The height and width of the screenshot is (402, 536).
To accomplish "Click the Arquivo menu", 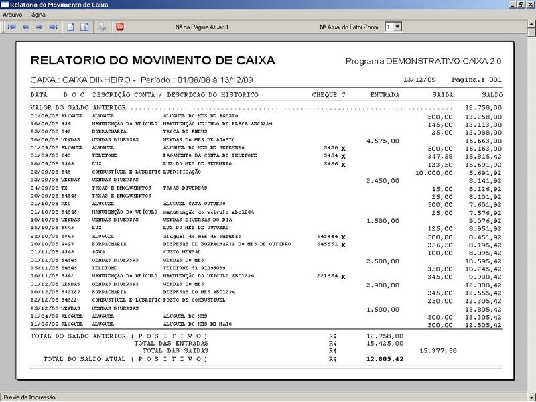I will click(13, 14).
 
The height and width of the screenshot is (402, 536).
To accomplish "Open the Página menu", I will click(37, 14).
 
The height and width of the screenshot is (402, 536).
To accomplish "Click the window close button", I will click(530, 5).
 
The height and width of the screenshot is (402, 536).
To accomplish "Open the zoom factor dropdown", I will click(397, 27).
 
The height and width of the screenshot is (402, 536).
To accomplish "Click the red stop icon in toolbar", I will click(120, 27).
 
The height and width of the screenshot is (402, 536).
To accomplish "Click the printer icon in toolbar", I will click(103, 27).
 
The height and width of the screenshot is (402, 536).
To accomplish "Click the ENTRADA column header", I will click(385, 95).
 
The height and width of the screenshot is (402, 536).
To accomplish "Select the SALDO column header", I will click(492, 95).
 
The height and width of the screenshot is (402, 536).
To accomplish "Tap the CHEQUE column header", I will click(325, 95).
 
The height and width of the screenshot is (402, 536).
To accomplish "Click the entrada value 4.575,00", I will click(385, 141).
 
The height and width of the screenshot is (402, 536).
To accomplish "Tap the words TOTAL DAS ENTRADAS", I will click(171, 342).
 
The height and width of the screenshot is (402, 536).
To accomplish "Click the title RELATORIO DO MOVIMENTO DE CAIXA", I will click(153, 61).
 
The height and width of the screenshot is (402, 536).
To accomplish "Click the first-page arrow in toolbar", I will click(11, 27).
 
